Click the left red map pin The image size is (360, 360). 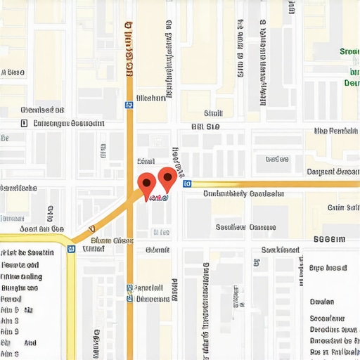(x=146, y=184)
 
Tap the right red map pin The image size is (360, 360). (x=167, y=178)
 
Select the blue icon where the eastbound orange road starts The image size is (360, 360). (x=186, y=184)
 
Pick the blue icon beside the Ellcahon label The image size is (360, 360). (x=129, y=104)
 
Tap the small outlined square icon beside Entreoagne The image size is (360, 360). (x=25, y=123)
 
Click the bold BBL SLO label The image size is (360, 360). (x=206, y=127)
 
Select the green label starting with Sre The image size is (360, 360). (x=349, y=51)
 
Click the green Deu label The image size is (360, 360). (x=351, y=83)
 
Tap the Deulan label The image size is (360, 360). (x=321, y=301)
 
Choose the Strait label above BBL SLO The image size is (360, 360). (x=213, y=113)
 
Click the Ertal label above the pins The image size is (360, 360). (x=146, y=160)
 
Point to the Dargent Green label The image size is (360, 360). (x=333, y=172)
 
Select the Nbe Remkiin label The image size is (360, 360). (x=335, y=131)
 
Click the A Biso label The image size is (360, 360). (x=13, y=72)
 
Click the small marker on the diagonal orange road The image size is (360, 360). (x=91, y=229)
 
